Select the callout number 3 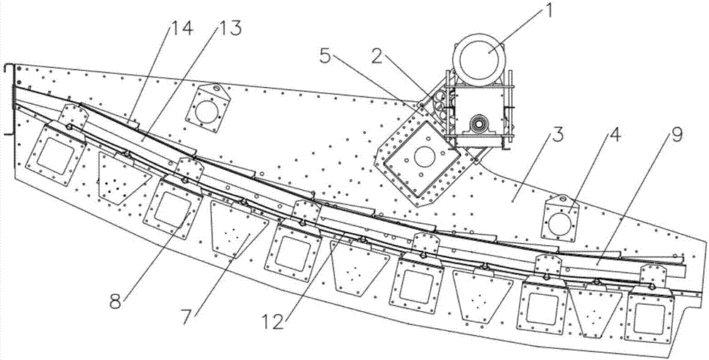click(x=559, y=135)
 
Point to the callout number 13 click(x=230, y=29)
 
